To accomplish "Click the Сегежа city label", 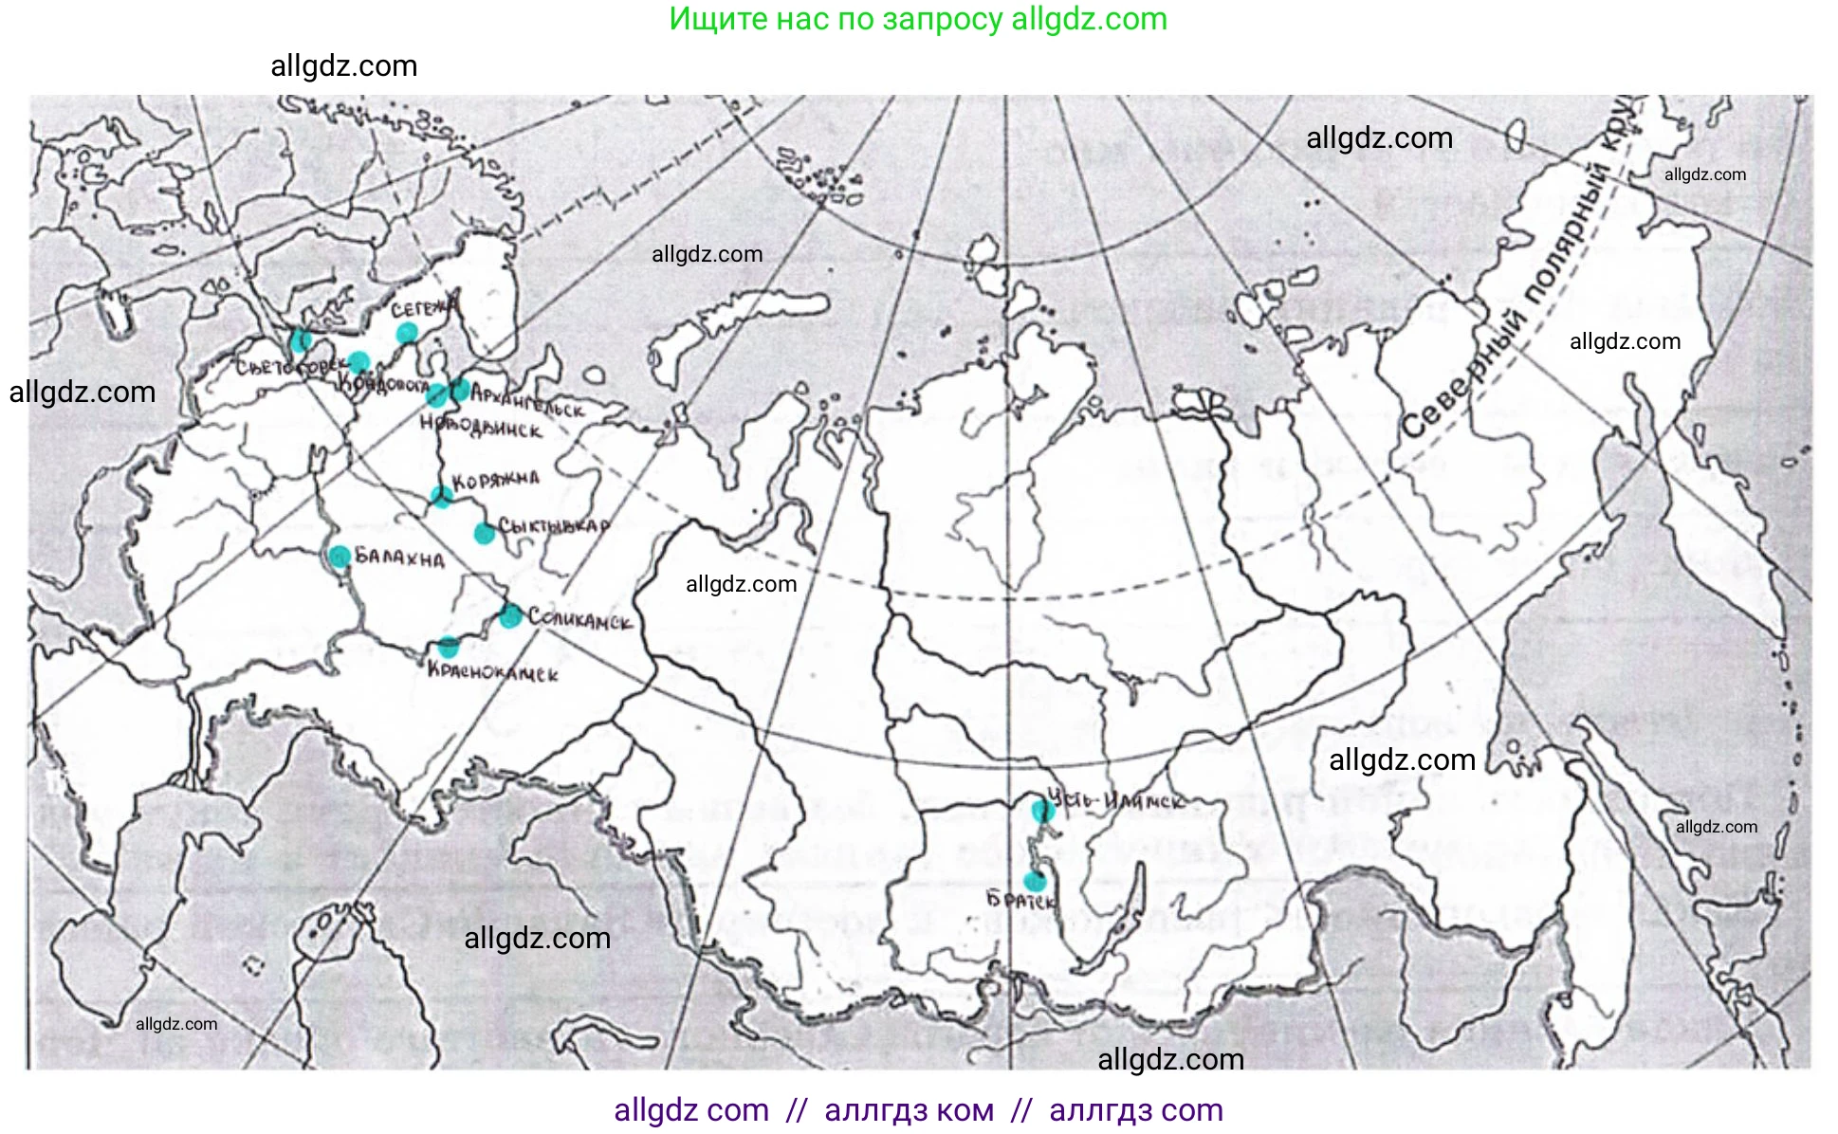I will tap(423, 309).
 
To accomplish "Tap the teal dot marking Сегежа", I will tap(407, 333).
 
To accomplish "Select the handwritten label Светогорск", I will tap(285, 366).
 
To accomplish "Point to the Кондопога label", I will tap(383, 384).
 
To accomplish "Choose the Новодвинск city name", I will tap(481, 426).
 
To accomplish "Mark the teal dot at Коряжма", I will tap(441, 495).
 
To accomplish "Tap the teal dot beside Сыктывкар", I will tap(484, 534).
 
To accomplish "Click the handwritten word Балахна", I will tap(399, 558).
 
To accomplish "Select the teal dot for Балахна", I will tap(340, 556).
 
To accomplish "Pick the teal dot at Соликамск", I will tap(510, 616).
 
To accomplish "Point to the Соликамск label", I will tap(579, 620).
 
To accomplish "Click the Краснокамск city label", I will tap(492, 672).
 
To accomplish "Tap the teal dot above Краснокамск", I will tap(449, 648).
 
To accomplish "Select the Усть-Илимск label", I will tap(1116, 801).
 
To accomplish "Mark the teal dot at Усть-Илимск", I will tap(1042, 811).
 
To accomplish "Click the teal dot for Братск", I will tap(1035, 881).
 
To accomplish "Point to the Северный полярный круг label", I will tap(1517, 284).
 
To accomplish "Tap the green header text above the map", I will tap(918, 19).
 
